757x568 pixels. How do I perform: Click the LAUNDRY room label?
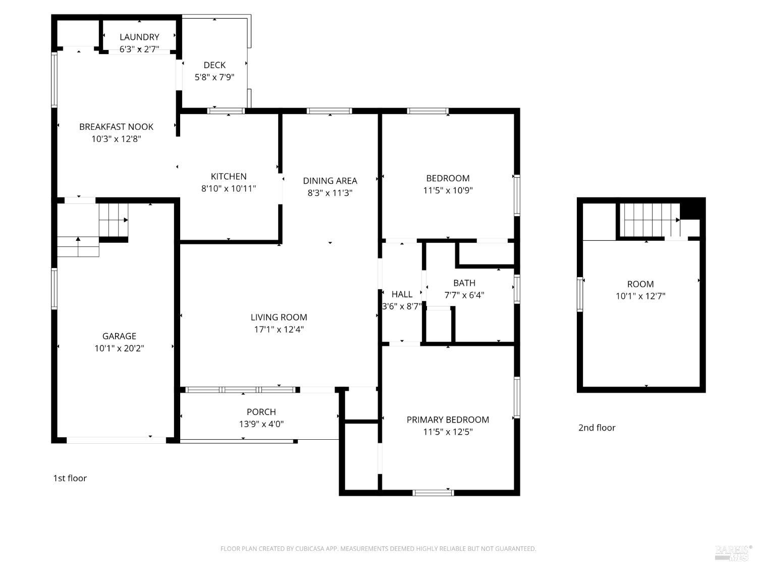click(139, 37)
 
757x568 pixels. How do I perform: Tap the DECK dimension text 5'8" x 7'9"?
click(214, 77)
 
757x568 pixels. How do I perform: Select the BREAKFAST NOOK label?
click(116, 127)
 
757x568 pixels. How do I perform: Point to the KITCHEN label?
click(229, 176)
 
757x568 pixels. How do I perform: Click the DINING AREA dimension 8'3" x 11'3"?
click(330, 193)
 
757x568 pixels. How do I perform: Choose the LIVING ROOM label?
click(279, 317)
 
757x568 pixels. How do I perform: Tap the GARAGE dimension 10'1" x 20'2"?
click(119, 348)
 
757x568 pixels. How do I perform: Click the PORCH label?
click(261, 412)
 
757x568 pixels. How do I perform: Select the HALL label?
click(402, 294)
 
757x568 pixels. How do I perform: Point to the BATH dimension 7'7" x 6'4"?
click(464, 295)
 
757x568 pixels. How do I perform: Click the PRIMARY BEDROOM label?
click(448, 420)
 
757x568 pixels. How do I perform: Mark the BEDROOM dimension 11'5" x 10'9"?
click(448, 190)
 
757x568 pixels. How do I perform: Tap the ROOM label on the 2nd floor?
click(640, 284)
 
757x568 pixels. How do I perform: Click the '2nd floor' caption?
click(597, 428)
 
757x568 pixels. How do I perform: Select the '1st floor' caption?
click(70, 478)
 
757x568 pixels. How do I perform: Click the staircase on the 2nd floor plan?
click(648, 220)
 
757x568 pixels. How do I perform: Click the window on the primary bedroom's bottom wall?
click(432, 492)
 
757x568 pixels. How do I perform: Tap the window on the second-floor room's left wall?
click(580, 294)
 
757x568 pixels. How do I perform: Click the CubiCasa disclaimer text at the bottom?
click(378, 549)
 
